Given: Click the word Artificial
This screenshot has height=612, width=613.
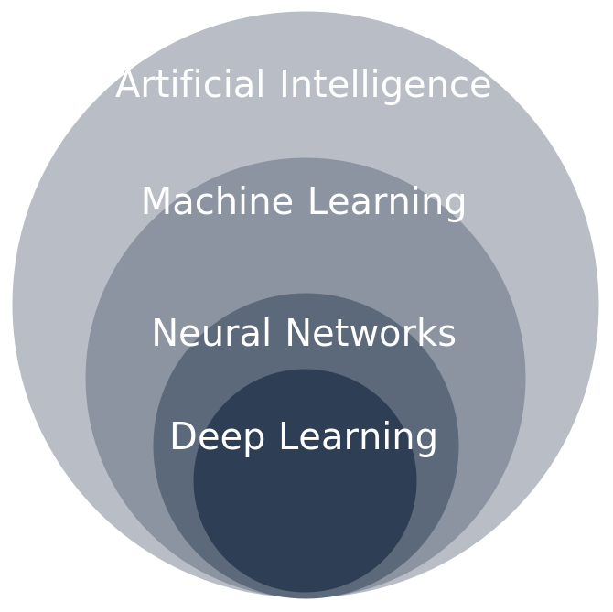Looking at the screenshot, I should (x=190, y=85).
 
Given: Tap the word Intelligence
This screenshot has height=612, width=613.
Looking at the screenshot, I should (x=385, y=85).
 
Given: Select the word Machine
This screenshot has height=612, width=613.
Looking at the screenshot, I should (x=217, y=202).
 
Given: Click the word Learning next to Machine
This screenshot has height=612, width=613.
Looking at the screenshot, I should (x=387, y=202).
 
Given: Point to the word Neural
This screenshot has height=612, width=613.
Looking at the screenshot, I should (x=211, y=334).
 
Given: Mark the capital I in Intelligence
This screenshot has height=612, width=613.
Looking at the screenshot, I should (x=285, y=85).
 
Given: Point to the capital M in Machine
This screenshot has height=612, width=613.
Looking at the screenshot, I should (x=156, y=202).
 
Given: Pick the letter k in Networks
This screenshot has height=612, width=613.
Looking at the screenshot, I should (x=422, y=334).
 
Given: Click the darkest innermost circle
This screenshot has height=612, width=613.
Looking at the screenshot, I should (x=305, y=521).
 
